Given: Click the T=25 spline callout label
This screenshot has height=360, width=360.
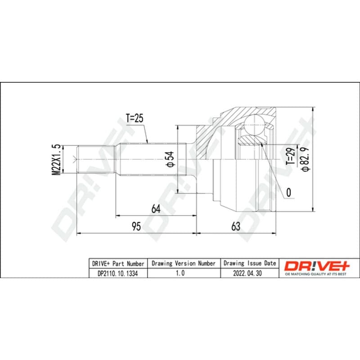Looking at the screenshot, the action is click(x=135, y=118).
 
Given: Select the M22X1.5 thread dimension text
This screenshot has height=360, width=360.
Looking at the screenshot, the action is click(x=57, y=160).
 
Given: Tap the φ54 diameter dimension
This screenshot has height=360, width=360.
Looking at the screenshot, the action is click(x=171, y=159).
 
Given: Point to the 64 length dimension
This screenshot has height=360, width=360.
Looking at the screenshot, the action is click(x=156, y=209).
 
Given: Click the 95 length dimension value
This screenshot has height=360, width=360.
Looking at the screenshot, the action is click(x=136, y=226).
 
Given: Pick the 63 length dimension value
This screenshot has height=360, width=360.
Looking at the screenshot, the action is click(x=236, y=226).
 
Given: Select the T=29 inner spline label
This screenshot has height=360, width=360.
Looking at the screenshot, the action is click(x=290, y=156).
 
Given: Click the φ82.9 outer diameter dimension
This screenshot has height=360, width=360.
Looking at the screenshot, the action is click(x=306, y=159).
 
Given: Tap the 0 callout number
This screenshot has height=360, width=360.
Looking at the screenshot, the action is click(x=288, y=193).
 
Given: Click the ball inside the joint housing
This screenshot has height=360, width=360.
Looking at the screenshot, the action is click(x=254, y=126).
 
